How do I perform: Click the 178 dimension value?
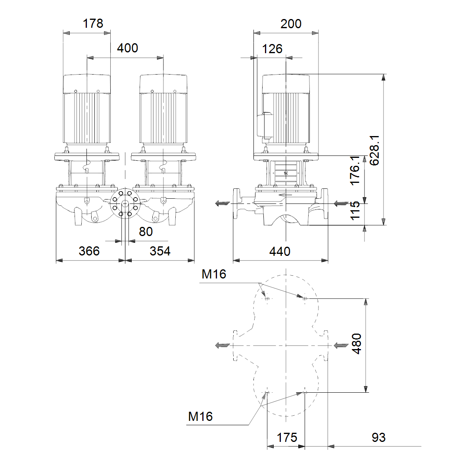point(93,24)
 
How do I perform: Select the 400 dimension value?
point(127,48)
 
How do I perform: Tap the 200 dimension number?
point(291,24)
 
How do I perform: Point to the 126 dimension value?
point(272,49)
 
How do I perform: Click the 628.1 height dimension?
point(374,150)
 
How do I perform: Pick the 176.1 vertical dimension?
point(355,170)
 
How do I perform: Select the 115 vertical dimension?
point(355,211)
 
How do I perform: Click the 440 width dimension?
point(280,252)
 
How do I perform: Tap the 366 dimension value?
point(89,251)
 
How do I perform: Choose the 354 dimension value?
point(160,251)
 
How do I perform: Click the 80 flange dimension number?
point(146,232)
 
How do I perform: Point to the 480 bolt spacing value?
point(357,344)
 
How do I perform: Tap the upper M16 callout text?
point(214,274)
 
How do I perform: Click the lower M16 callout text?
point(200,416)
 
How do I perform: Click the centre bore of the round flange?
point(125,203)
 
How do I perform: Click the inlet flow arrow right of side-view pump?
point(341,203)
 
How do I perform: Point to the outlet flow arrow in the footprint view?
point(223,345)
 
